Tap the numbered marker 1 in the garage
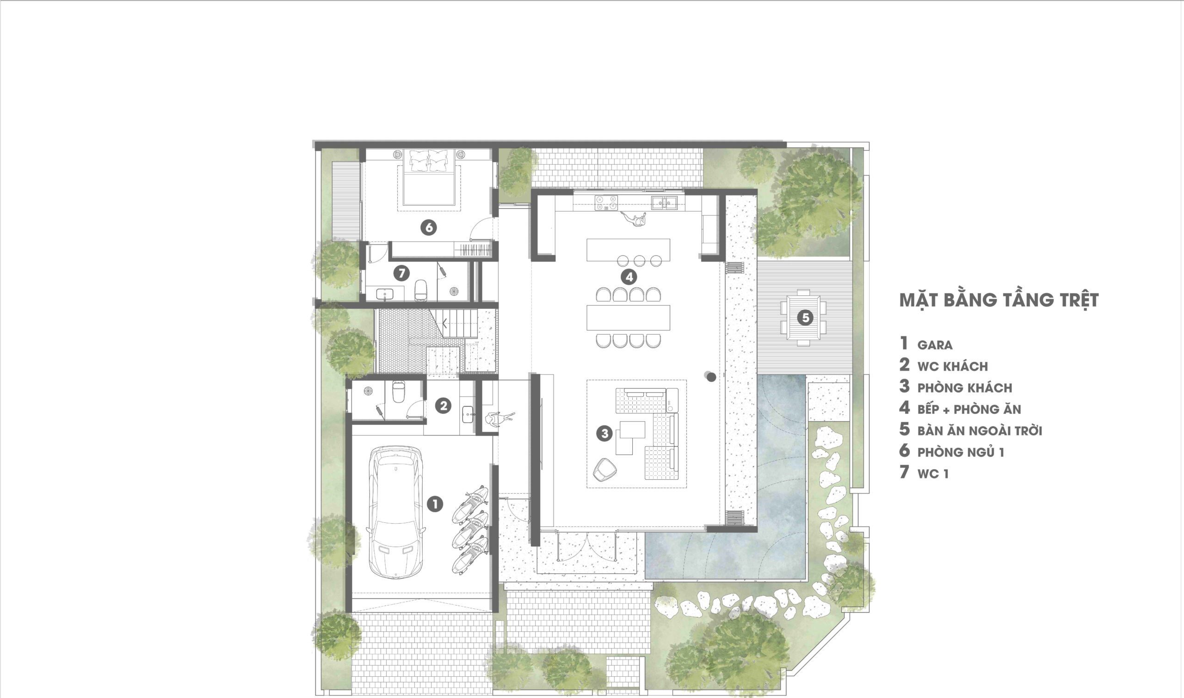[434, 505]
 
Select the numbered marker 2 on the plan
[443, 405]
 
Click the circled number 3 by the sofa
[604, 433]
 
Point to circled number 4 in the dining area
[629, 277]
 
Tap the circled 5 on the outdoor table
[805, 318]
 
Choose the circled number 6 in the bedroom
[429, 227]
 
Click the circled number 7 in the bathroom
[401, 273]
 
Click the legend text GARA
[935, 345]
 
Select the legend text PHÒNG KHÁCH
[965, 388]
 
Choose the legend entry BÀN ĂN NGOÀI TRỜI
[980, 430]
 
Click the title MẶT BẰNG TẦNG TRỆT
[999, 300]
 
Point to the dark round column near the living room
[711, 376]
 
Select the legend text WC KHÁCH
[952, 367]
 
